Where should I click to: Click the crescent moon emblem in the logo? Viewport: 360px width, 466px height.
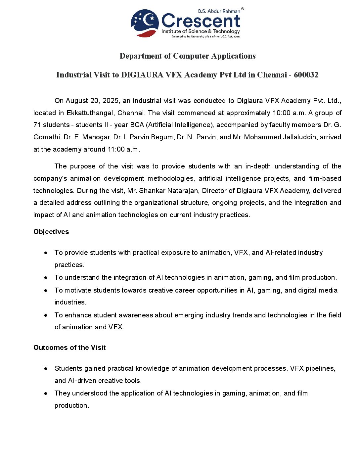click(x=145, y=23)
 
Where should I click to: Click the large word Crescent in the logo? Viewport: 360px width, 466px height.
click(x=201, y=21)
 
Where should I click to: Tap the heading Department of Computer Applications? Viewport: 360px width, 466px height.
click(x=188, y=56)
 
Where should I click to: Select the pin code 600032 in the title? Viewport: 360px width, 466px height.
click(x=306, y=75)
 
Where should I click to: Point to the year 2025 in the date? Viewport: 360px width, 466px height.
click(x=111, y=101)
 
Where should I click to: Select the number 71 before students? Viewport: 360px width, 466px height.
click(x=37, y=125)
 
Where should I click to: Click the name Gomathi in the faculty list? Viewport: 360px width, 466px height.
click(x=47, y=137)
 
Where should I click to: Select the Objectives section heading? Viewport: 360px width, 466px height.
click(x=51, y=232)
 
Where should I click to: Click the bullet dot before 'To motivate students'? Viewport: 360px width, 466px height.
click(x=46, y=290)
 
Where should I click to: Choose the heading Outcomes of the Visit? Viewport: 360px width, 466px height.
click(x=69, y=348)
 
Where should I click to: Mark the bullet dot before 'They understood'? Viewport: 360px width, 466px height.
click(x=46, y=394)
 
